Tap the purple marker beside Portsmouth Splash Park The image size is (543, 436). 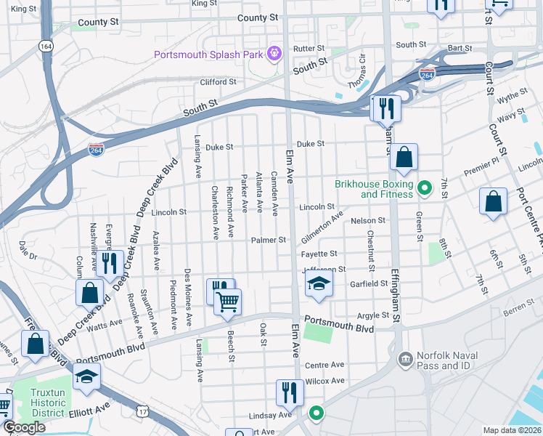tap(274, 52)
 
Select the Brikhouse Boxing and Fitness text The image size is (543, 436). tap(374, 189)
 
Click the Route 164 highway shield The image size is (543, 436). tap(46, 46)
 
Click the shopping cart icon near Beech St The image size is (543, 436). tap(228, 302)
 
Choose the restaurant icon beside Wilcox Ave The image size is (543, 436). tap(290, 392)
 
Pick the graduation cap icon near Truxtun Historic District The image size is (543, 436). tap(86, 376)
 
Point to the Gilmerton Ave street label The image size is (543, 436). tap(322, 228)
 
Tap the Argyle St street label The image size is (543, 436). tap(374, 316)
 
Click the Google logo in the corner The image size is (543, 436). tap(24, 427)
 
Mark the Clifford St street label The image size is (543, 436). tap(219, 82)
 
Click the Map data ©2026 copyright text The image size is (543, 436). tap(512, 430)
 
